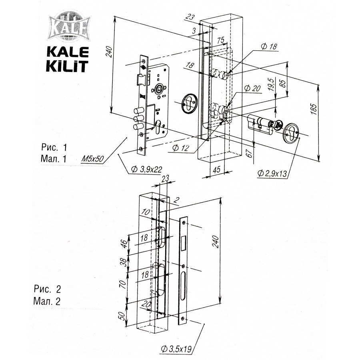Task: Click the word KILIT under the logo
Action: (x=67, y=65)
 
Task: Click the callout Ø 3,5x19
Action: (x=176, y=348)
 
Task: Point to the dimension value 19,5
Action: (x=271, y=85)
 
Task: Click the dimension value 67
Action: (x=250, y=154)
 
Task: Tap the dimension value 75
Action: (x=220, y=40)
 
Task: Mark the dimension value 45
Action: (x=217, y=169)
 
